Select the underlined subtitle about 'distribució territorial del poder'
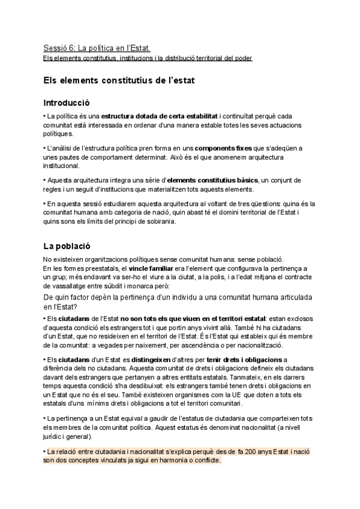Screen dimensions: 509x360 pos(148,58)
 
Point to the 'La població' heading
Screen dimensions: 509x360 pos(66,245)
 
